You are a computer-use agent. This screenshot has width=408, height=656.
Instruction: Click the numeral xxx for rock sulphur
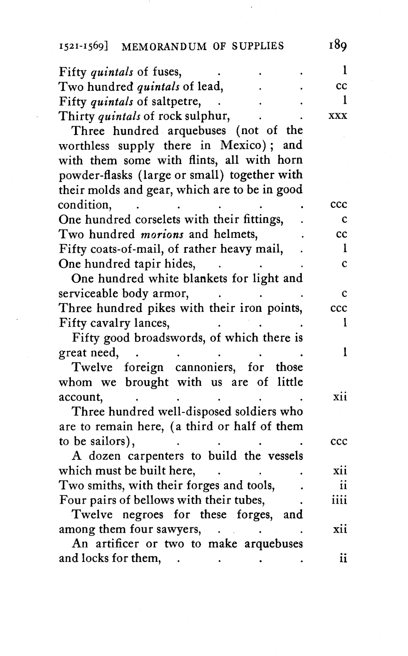point(338,115)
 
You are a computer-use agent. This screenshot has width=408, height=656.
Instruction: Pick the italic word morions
point(162,234)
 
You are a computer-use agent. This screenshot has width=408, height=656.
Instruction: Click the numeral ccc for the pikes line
point(338,308)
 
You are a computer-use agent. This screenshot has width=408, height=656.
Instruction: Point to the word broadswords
point(169,338)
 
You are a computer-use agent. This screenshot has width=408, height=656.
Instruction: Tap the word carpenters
point(156,456)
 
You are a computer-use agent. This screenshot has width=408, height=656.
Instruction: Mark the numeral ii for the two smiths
point(343,485)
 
